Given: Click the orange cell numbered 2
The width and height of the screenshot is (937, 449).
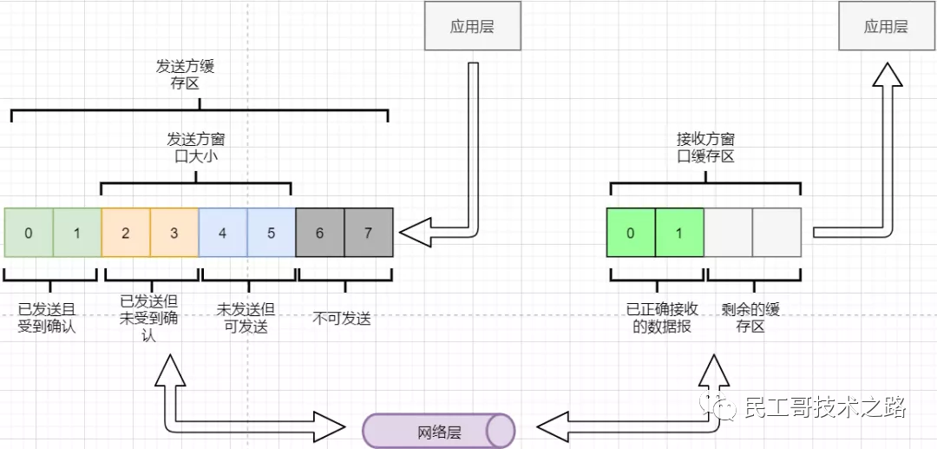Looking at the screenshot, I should [x=126, y=233].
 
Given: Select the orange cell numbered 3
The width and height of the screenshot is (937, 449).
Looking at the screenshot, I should [x=174, y=233].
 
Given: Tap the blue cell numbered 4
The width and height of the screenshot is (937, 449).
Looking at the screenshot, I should [x=223, y=233].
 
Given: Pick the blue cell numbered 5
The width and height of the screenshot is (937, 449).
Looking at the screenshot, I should [x=272, y=233].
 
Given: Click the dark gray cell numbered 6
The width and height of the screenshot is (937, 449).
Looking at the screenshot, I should [x=320, y=233].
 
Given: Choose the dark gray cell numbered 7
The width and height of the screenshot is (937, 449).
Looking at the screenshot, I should [x=369, y=233].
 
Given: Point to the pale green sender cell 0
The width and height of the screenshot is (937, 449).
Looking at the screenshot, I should [x=29, y=233].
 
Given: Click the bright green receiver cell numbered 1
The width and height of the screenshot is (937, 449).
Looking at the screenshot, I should [x=678, y=233].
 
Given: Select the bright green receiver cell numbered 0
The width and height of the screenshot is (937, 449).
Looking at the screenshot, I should [x=631, y=233].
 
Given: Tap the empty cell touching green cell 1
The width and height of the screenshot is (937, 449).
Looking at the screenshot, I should [x=727, y=233].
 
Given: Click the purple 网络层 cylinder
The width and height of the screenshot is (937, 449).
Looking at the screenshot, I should [x=438, y=430].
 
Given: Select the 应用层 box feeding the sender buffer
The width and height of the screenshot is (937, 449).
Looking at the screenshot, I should [x=472, y=26].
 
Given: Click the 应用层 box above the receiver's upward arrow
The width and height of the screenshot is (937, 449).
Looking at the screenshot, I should [x=886, y=26].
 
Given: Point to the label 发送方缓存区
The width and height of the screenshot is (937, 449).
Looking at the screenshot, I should [x=185, y=74].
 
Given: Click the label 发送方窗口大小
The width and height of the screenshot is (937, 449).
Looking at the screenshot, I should [x=196, y=147].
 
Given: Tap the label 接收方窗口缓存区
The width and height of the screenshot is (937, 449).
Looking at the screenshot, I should [x=705, y=147].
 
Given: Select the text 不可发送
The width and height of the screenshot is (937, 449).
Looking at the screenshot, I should [x=342, y=319].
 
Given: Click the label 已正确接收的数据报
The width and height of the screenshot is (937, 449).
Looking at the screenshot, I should [x=659, y=318].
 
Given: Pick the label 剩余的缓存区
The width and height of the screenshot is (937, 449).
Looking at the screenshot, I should [x=750, y=318].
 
